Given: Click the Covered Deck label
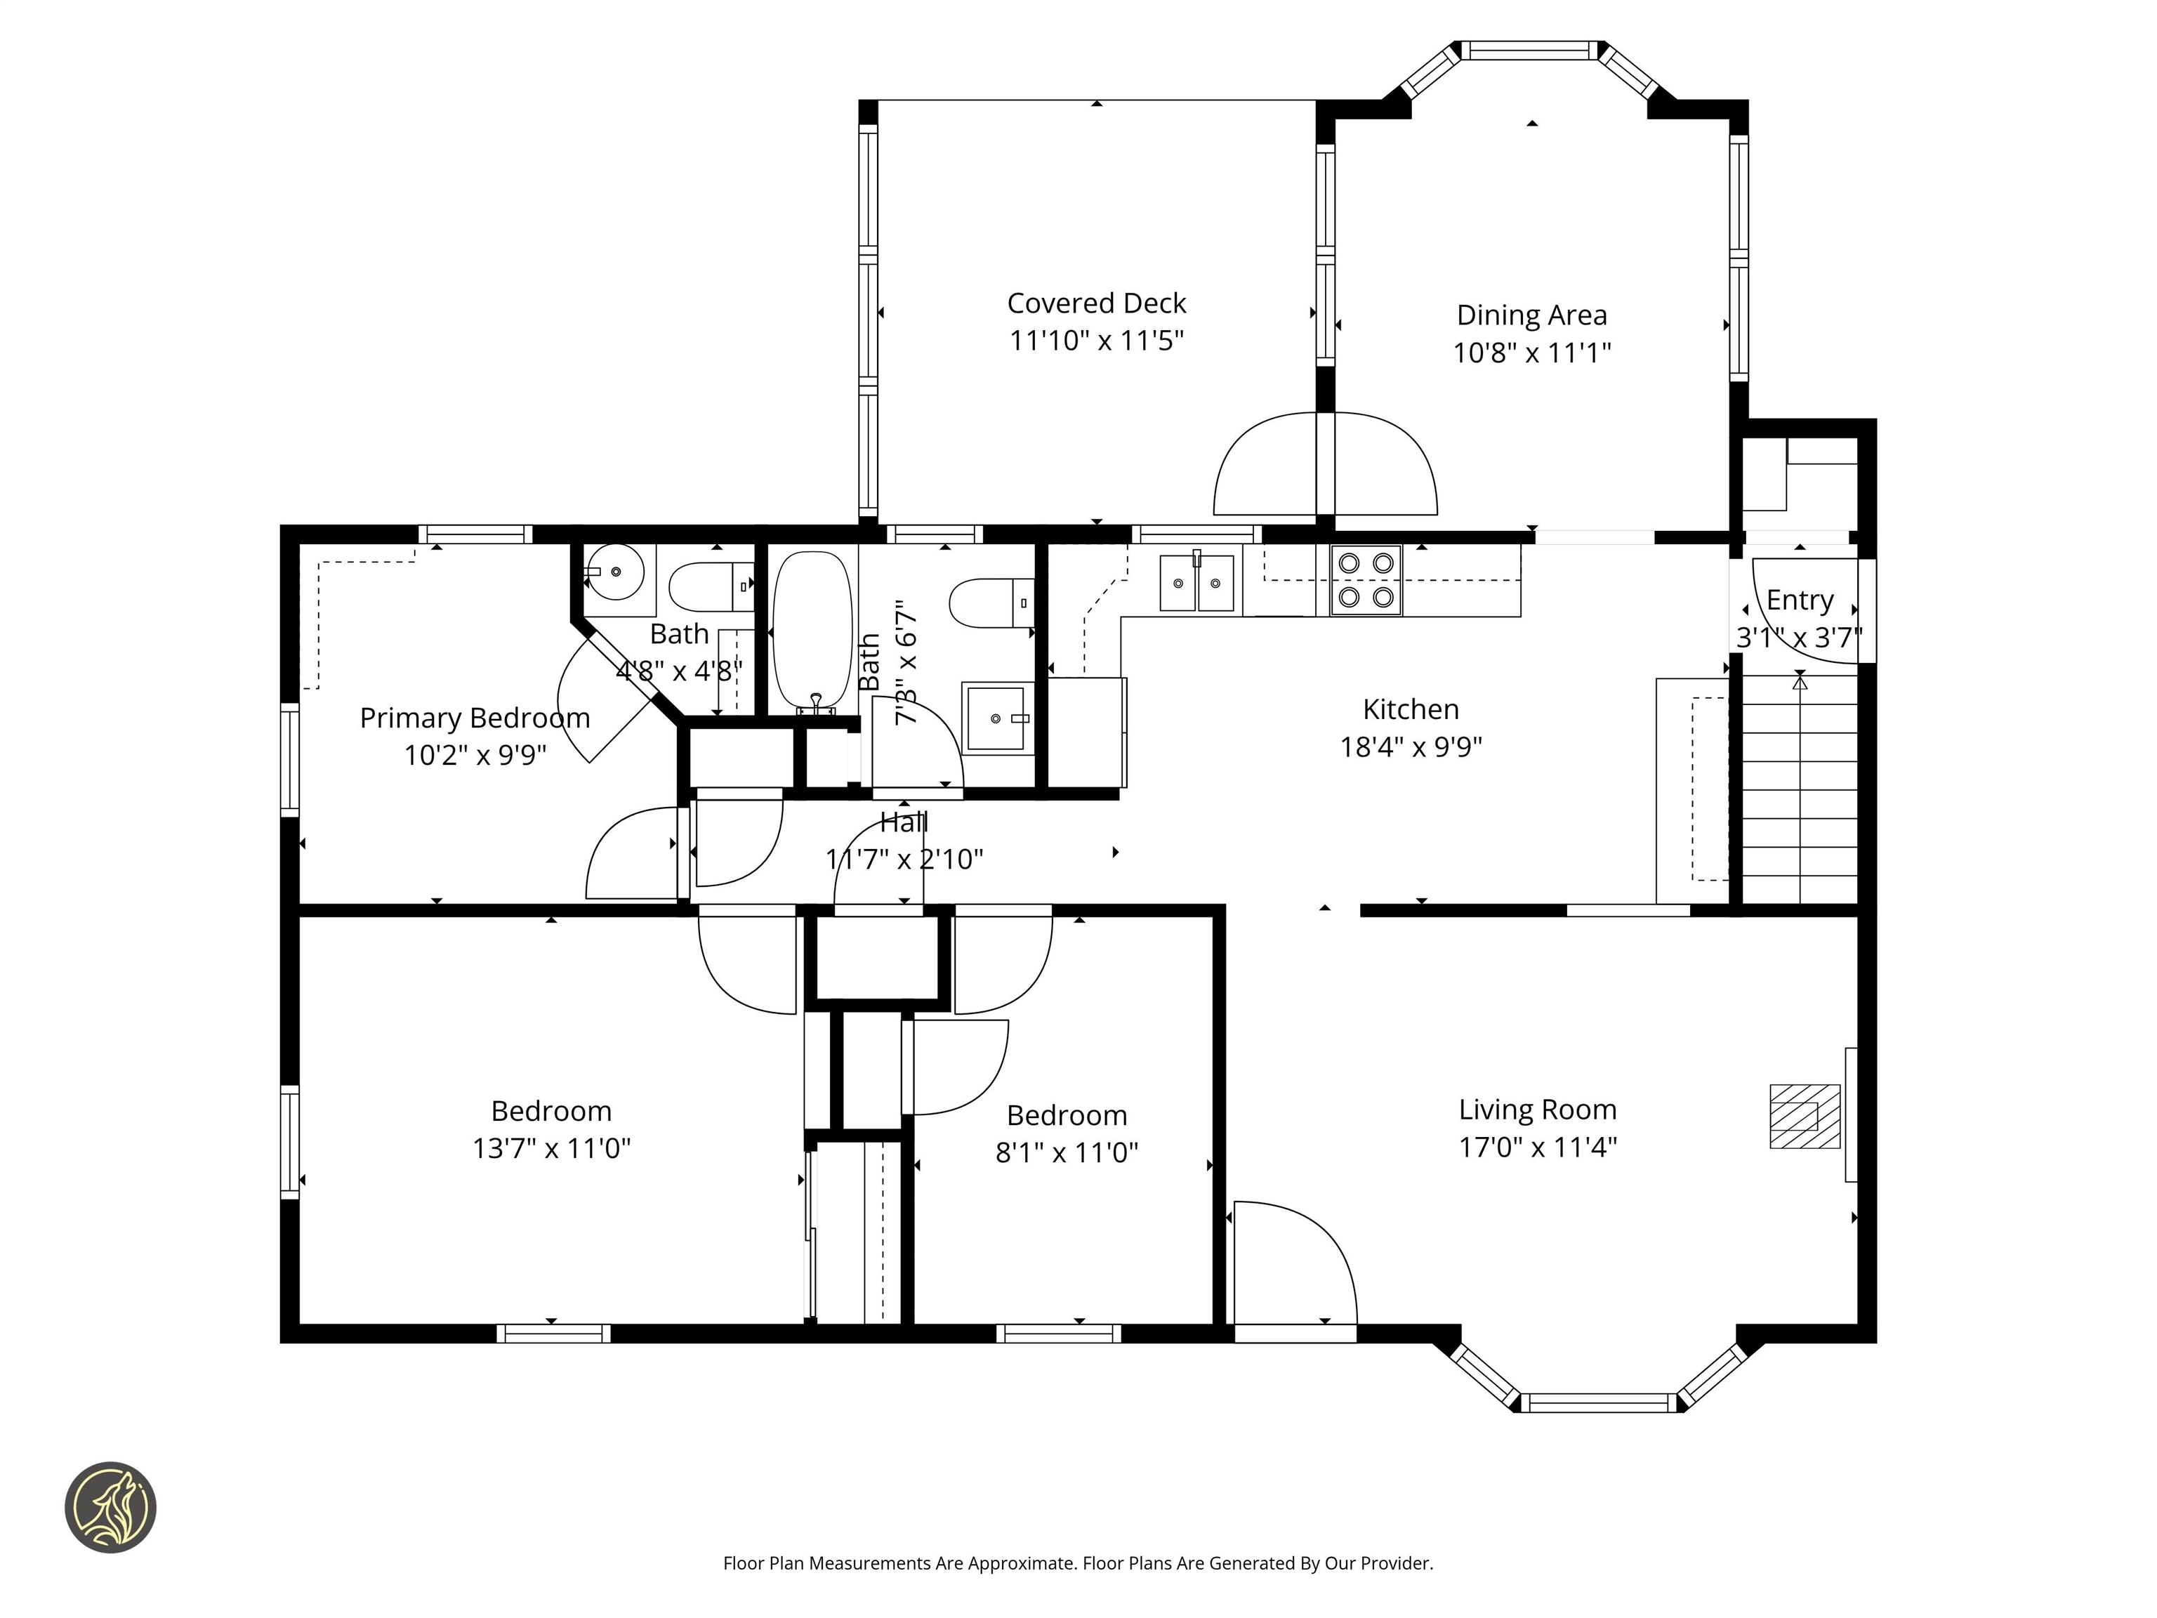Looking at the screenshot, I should tap(1096, 303).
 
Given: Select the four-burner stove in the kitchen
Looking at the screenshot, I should tap(1365, 580).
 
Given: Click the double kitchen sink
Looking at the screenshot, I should tap(1196, 583).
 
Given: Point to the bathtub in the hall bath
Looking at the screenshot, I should tap(812, 629).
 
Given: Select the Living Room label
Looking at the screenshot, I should tap(1537, 1110).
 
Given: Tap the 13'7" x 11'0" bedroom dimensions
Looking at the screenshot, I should tap(551, 1148).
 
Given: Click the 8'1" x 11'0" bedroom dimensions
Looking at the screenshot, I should tap(1066, 1153).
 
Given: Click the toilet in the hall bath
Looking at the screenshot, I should tap(990, 603).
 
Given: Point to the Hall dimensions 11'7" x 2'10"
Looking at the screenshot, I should tap(904, 860).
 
